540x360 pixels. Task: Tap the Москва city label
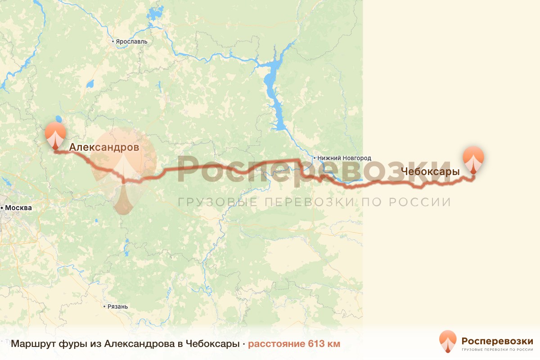18,208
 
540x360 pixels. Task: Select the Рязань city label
117,306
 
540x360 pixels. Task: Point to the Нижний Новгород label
344,158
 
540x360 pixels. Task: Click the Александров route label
104,147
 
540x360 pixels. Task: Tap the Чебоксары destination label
430,171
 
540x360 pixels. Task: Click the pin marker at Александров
55,135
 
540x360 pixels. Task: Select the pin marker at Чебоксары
474,159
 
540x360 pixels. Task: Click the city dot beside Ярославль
113,41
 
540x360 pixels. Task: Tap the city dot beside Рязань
104,306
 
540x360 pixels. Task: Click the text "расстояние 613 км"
294,344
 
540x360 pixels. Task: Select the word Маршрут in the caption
31,344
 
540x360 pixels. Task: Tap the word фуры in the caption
68,344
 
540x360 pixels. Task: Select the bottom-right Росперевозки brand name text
497,340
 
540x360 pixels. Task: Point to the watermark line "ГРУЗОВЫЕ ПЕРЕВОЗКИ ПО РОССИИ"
314,202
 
